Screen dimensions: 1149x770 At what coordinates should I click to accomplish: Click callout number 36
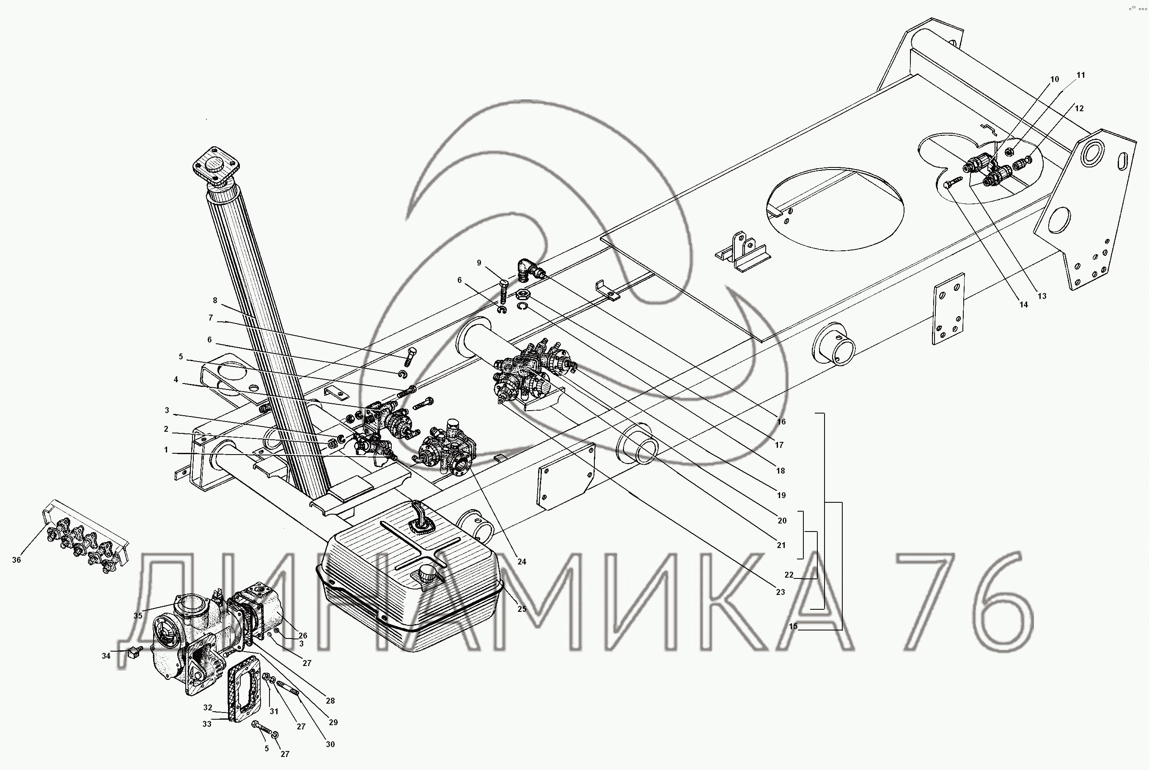pos(16,560)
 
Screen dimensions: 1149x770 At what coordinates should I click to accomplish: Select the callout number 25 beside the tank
pos(522,609)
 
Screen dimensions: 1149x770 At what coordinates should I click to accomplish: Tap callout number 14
pos(1023,304)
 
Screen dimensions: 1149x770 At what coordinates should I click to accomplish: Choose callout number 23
pos(781,592)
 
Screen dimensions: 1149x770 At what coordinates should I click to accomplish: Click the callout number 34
pos(106,656)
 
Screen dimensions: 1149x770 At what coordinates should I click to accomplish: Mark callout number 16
pos(781,422)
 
